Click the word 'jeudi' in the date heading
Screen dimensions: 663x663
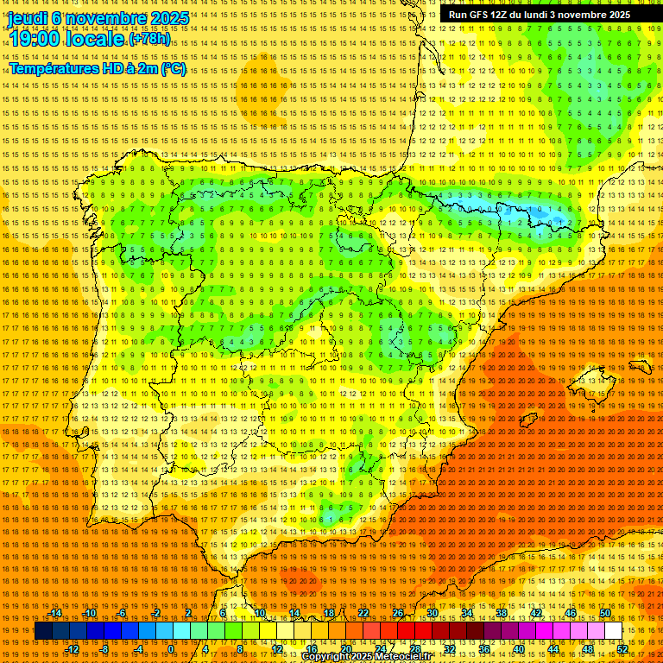(x=27, y=17)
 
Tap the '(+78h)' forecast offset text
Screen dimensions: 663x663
(x=150, y=39)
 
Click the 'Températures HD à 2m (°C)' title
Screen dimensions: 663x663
(x=98, y=68)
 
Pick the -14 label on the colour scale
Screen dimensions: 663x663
(x=55, y=613)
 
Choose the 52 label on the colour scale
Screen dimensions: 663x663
(x=622, y=648)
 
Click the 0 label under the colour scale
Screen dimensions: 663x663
(x=171, y=648)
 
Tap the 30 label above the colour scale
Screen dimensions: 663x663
(x=433, y=613)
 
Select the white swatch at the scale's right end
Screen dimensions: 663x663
(x=614, y=631)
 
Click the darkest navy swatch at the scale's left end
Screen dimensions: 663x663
(x=43, y=631)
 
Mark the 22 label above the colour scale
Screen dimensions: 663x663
(x=363, y=613)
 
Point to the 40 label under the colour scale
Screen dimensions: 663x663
(x=518, y=648)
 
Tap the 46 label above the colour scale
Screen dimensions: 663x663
(x=571, y=613)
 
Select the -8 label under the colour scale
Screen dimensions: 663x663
(x=104, y=648)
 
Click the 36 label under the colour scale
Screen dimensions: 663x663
(x=483, y=648)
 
